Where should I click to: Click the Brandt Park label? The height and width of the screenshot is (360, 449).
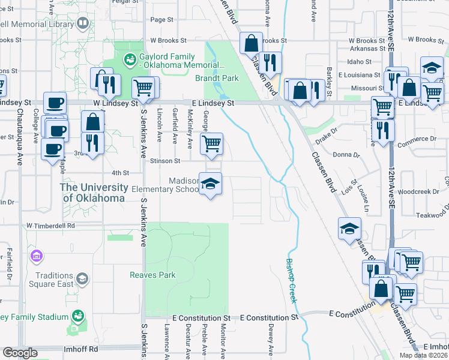(217, 78)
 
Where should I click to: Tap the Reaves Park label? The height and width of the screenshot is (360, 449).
(152, 275)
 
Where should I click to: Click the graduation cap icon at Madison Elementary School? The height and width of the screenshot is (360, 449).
(211, 184)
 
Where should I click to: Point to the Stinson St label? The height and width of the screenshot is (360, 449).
(165, 161)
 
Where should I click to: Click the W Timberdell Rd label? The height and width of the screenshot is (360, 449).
(50, 226)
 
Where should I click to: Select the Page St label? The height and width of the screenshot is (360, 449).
(161, 19)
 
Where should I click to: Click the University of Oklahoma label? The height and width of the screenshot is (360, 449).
(94, 193)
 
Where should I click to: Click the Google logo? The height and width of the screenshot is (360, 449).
(20, 353)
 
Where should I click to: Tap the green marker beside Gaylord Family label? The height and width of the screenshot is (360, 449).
(128, 59)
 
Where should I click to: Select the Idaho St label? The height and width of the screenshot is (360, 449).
(359, 62)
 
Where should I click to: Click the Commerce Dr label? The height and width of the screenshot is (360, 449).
(417, 139)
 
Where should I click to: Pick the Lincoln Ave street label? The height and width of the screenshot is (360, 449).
(159, 125)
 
